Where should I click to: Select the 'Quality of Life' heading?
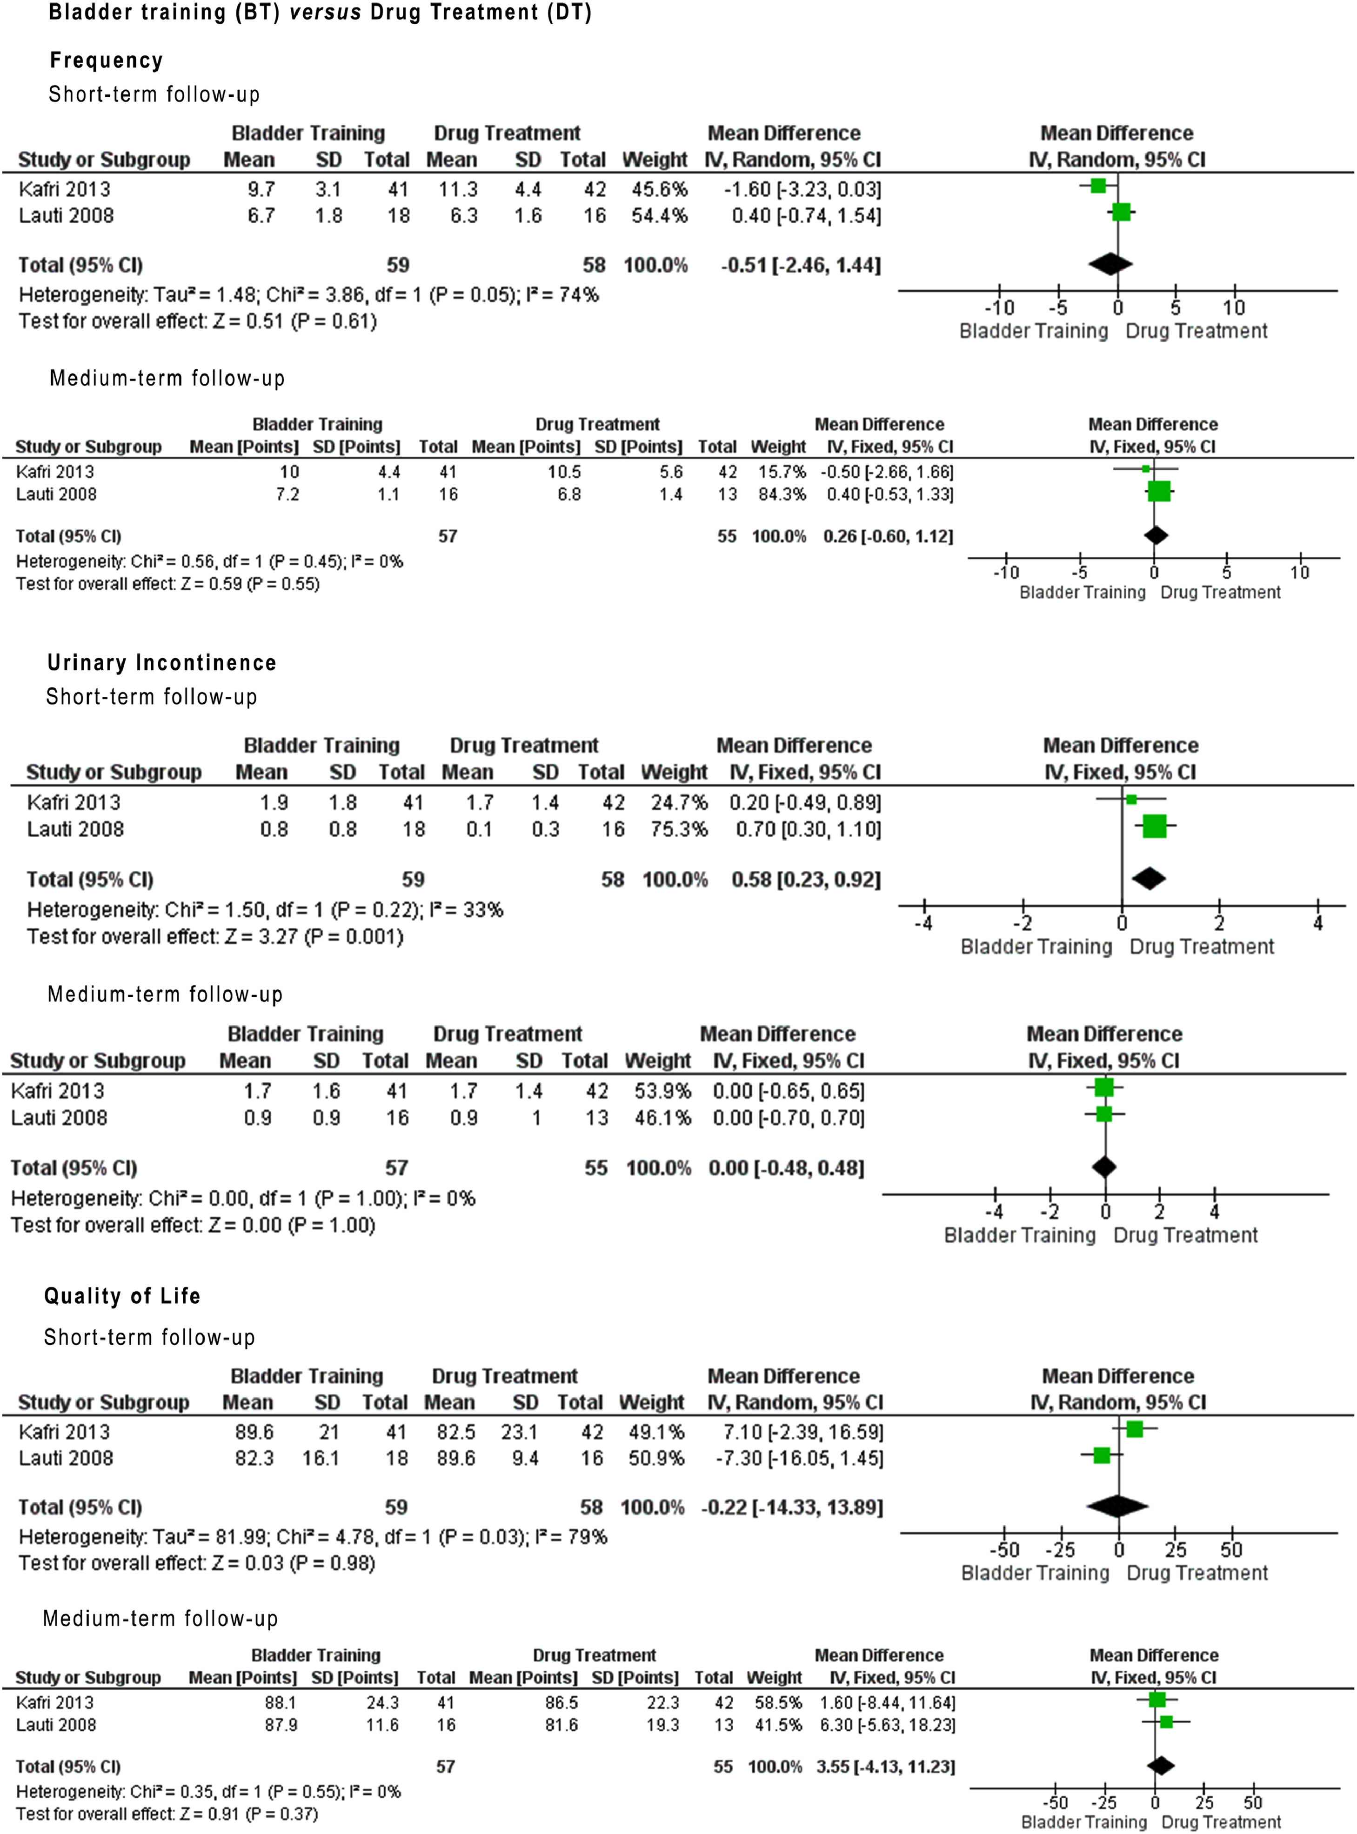pos(122,1296)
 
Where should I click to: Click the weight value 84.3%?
pos(778,494)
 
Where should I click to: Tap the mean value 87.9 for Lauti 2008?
pos(281,1725)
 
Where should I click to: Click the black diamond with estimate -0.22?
pos(1117,1506)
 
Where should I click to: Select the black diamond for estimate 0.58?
pos(1149,879)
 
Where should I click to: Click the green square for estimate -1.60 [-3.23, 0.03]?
pos(1098,186)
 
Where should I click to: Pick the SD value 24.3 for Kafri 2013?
pos(382,1702)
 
